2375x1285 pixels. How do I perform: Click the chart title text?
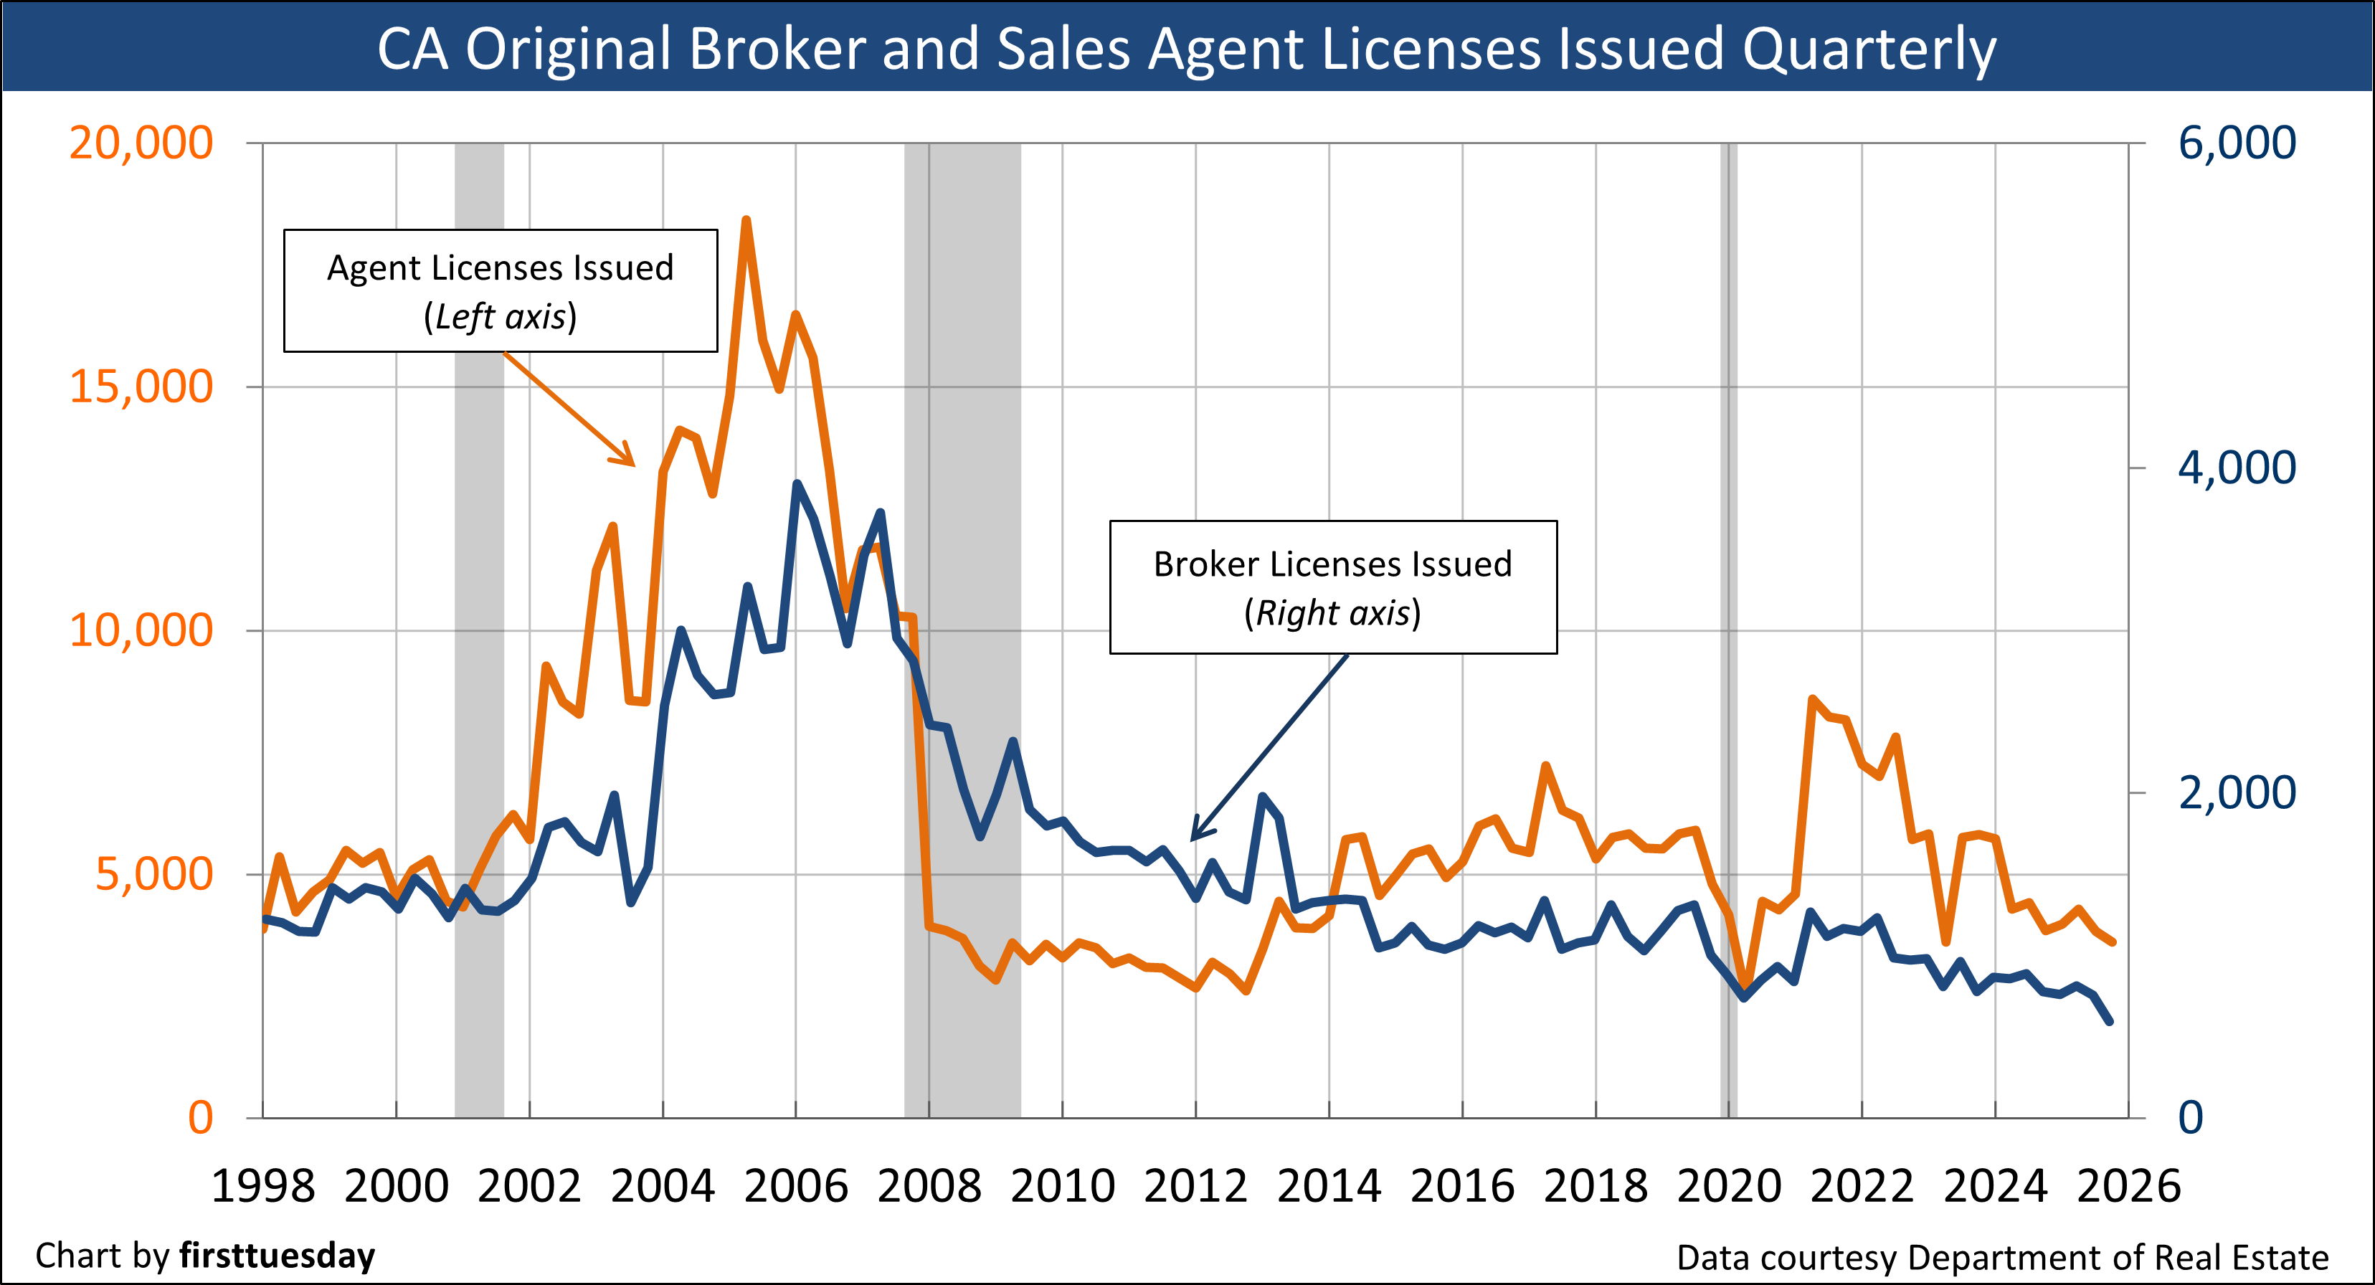tap(1187, 48)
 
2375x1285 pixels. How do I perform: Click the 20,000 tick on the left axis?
tap(141, 143)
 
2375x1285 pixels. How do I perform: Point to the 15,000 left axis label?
tap(141, 387)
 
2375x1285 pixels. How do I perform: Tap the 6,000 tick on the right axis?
tap(2237, 143)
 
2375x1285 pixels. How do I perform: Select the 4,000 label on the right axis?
tap(2237, 468)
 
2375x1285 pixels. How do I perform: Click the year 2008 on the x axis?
tap(929, 1185)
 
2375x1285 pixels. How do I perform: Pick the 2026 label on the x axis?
tap(2128, 1185)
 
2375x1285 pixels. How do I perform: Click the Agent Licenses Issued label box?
tap(501, 290)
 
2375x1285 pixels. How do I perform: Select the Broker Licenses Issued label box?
tap(1333, 587)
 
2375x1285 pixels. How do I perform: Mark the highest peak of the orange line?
tap(746, 220)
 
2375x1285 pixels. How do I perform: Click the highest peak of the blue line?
tap(797, 485)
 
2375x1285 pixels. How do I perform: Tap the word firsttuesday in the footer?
tap(278, 1256)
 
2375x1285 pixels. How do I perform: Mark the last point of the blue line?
tap(2110, 1021)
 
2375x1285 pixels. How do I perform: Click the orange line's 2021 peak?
tap(1813, 700)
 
